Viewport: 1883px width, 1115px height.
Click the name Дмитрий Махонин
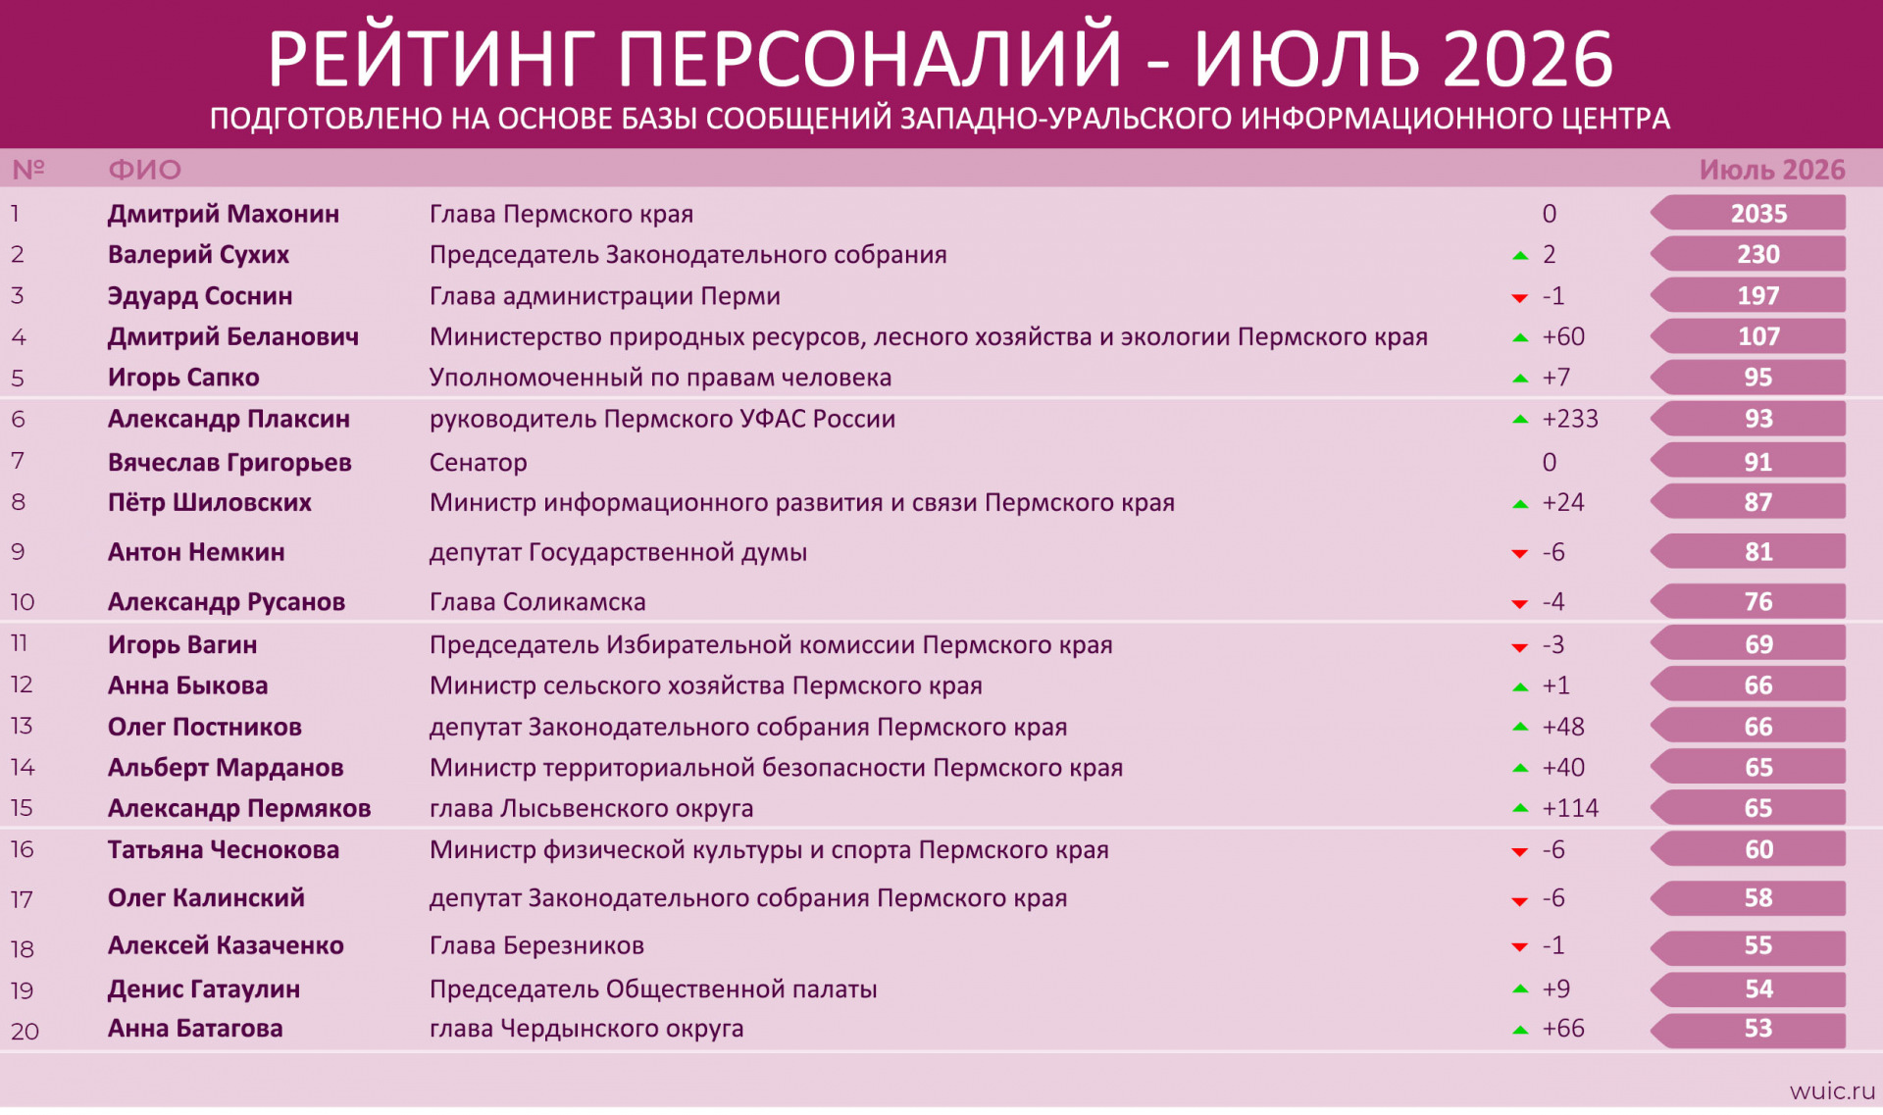(x=224, y=214)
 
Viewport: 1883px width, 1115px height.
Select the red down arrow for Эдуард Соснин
(x=1520, y=297)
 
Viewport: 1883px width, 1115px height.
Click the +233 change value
(x=1570, y=419)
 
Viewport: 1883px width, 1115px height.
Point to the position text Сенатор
(x=479, y=462)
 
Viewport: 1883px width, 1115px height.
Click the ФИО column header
(x=145, y=170)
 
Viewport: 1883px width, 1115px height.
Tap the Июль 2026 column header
(x=1772, y=170)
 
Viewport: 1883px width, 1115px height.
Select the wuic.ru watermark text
(x=1832, y=1090)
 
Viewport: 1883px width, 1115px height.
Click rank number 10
(x=23, y=602)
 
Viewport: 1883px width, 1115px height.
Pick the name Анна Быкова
(x=188, y=685)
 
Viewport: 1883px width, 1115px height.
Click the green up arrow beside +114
(x=1520, y=808)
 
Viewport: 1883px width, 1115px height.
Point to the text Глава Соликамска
(x=537, y=601)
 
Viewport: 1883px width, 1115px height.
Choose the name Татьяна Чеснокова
(x=224, y=849)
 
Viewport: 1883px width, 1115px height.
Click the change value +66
(x=1563, y=1029)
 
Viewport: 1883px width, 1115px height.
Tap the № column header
(x=28, y=170)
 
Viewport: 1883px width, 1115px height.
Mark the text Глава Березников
(x=536, y=945)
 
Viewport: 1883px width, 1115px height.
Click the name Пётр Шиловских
(x=210, y=502)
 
